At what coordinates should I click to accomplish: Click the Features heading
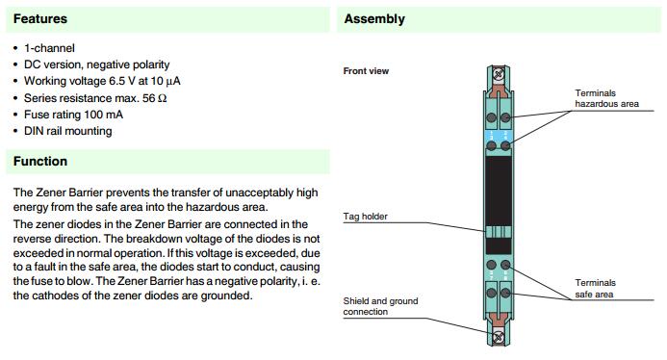pyautogui.click(x=40, y=18)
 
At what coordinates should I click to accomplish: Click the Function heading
pyautogui.click(x=40, y=162)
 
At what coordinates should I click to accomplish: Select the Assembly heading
pyautogui.click(x=374, y=19)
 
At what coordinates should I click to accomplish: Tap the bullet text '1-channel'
pyautogui.click(x=49, y=48)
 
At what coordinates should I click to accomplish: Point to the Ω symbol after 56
pyautogui.click(x=162, y=98)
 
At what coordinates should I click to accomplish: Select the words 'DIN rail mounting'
pyautogui.click(x=68, y=131)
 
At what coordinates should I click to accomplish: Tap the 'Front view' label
pyautogui.click(x=366, y=71)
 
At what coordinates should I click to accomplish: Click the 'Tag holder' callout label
pyautogui.click(x=366, y=217)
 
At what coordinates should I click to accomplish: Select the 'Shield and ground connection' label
pyautogui.click(x=380, y=306)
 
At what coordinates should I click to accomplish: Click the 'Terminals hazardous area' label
pyautogui.click(x=606, y=98)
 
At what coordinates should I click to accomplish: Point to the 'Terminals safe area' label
pyautogui.click(x=595, y=289)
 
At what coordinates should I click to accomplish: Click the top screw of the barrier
pyautogui.click(x=499, y=75)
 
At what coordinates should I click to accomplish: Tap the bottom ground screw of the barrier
pyautogui.click(x=499, y=337)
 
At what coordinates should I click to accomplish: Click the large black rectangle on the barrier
pyautogui.click(x=499, y=191)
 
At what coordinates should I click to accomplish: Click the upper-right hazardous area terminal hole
pyautogui.click(x=505, y=117)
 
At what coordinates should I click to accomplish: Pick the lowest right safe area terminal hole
pyautogui.click(x=505, y=293)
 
